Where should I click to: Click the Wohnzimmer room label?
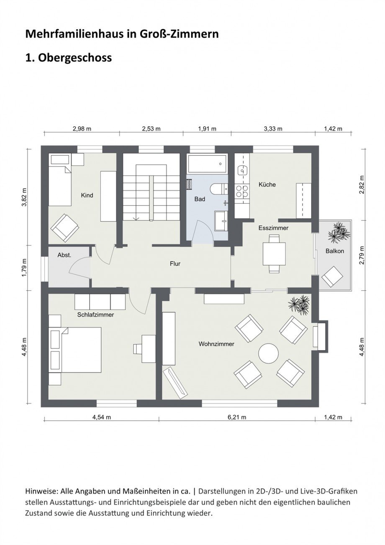coord(216,344)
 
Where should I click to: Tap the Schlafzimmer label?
coord(95,315)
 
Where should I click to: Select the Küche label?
coord(267,184)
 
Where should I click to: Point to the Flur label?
coord(175,264)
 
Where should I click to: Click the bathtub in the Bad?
coord(208,164)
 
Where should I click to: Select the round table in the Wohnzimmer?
coord(268,354)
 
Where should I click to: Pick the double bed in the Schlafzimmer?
coord(76,350)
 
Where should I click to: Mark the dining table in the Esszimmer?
coord(274,254)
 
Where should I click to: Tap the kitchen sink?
coord(242,171)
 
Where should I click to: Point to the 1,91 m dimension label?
coord(207,129)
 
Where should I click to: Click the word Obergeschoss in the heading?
coord(75,58)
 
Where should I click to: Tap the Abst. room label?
coord(64,255)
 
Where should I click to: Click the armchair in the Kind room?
coord(65,228)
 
